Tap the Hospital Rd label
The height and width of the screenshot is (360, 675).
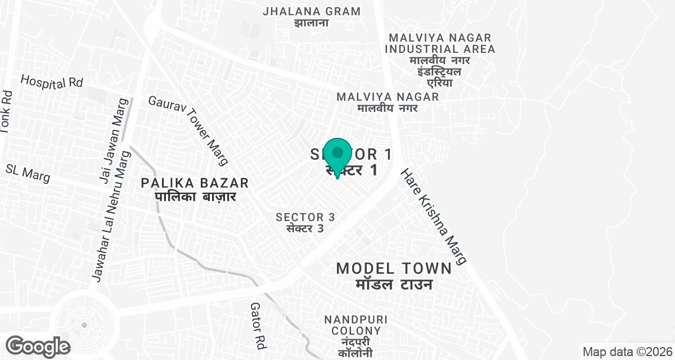[x=52, y=82]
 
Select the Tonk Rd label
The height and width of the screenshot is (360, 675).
[x=6, y=112]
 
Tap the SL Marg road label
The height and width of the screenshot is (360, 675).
[x=28, y=173]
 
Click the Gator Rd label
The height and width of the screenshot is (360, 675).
[x=258, y=324]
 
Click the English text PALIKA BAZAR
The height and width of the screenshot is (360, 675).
[x=195, y=183]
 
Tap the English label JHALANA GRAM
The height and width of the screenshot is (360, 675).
[x=312, y=11]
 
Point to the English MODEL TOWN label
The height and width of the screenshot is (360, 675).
[x=394, y=268]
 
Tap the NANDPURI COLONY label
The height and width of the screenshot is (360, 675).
[x=353, y=325]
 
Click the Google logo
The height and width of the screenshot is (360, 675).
[x=38, y=346]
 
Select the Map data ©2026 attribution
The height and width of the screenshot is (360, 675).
[x=627, y=352]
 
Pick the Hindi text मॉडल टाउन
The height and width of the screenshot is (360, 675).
[x=394, y=284]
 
